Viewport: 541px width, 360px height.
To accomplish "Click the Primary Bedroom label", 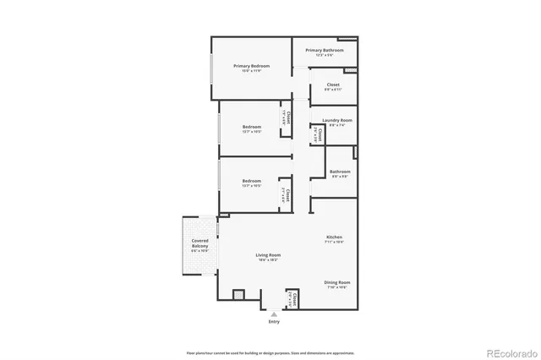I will tap(250, 65).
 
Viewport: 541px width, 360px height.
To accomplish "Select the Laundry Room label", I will tap(336, 120).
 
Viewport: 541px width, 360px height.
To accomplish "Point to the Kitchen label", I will tap(334, 237).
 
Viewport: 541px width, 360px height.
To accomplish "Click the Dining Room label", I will tap(336, 282).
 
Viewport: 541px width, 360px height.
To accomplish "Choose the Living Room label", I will tap(268, 254).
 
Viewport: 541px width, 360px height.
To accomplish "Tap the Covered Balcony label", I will tap(199, 244).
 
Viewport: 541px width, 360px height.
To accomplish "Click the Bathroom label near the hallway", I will tap(340, 172).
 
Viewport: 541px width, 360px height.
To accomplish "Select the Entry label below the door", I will tap(273, 322).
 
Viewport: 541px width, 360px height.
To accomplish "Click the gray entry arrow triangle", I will tap(273, 314).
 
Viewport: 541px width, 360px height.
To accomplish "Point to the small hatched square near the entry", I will tap(238, 296).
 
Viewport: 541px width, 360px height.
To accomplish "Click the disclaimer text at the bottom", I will tap(270, 352).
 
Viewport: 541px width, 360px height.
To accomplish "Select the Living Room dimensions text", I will tap(268, 259).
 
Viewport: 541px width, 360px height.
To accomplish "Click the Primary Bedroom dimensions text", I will tap(250, 70).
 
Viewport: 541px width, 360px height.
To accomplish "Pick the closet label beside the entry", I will tap(295, 298).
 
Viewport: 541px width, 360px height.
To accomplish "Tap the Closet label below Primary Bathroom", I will tap(333, 85).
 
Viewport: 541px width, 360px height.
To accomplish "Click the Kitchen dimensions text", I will tap(334, 243).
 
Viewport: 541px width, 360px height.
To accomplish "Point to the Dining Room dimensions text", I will tap(336, 287).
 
